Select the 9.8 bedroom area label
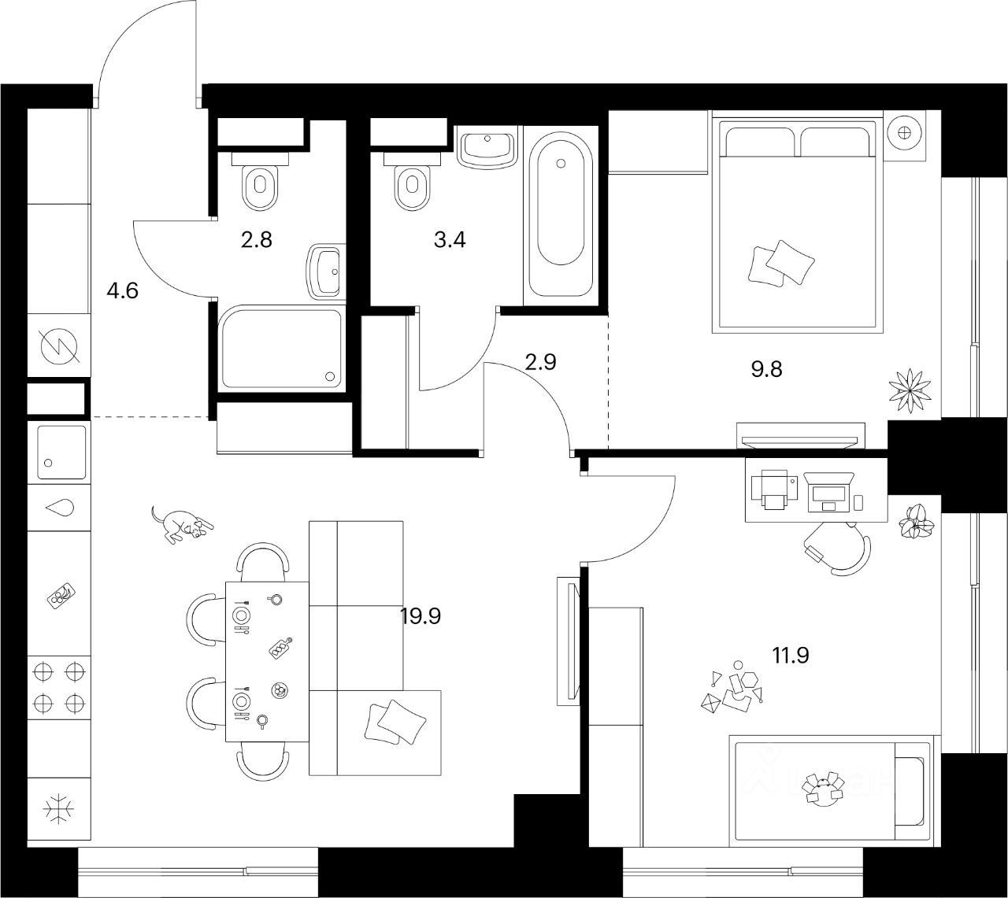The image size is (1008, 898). [766, 368]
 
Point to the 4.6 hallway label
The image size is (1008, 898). [122, 291]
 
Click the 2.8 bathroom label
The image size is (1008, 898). [256, 239]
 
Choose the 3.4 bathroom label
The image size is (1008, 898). [450, 239]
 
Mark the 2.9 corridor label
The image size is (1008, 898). [540, 362]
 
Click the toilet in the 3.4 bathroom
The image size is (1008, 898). [411, 186]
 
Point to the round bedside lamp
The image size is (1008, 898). [904, 131]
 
